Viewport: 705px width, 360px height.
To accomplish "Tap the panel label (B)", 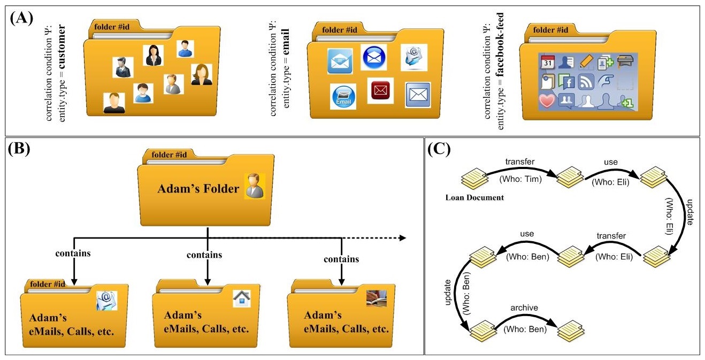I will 22,149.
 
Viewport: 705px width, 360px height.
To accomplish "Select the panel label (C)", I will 441,149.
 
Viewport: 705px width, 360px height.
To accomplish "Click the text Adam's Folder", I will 198,188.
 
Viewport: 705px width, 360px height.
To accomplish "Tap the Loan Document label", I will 474,197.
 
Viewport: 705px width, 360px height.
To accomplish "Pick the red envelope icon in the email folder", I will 380,90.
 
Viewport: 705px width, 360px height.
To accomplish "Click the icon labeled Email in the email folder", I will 343,96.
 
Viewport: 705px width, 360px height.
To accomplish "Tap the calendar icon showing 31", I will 547,63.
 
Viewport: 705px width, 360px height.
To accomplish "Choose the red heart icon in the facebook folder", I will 547,101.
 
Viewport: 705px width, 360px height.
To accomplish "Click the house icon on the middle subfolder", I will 241,298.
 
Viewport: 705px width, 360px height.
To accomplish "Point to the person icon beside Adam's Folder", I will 255,186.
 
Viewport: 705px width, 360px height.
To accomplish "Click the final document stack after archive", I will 569,332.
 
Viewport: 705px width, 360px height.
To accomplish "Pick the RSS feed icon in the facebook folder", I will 586,81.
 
